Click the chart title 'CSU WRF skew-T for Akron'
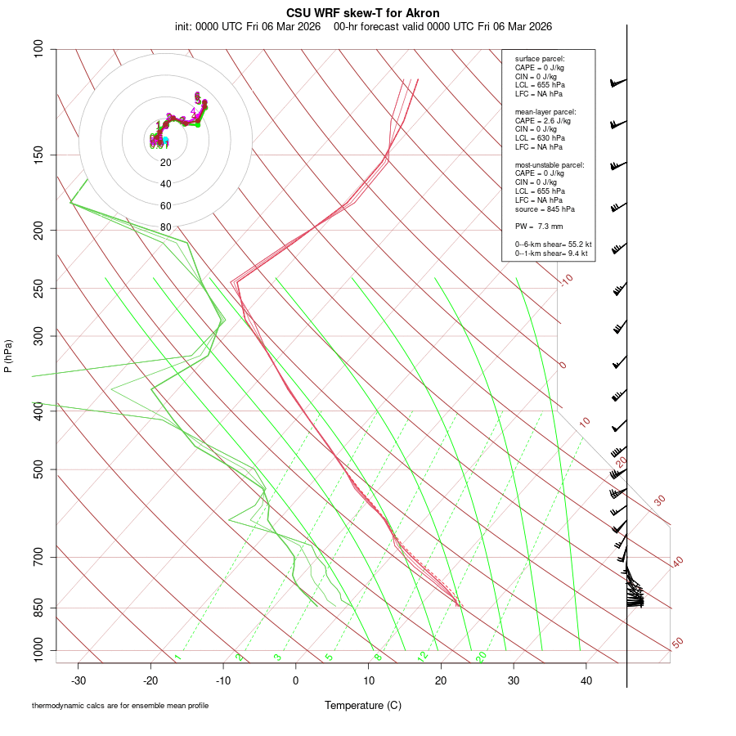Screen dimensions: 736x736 pos(363,13)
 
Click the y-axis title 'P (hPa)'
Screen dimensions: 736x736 pos(8,357)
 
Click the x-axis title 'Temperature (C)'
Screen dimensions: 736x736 pos(363,705)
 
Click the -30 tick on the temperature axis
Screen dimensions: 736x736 pos(79,680)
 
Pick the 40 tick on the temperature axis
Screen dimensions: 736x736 pos(586,680)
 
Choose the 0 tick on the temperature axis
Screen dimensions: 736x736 pos(296,680)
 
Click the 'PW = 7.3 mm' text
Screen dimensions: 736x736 pos(539,226)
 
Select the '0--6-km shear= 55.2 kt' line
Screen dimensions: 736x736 pos(554,244)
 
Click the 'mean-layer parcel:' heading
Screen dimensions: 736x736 pos(545,111)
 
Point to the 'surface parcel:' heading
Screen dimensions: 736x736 pos(540,59)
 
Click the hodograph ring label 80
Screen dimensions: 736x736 pos(166,227)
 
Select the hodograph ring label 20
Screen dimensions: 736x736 pos(166,163)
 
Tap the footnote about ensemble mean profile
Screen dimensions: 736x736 pos(120,705)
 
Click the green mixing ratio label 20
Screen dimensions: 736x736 pos(482,657)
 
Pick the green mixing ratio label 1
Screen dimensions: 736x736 pos(177,657)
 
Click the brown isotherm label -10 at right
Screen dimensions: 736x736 pos(565,280)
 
